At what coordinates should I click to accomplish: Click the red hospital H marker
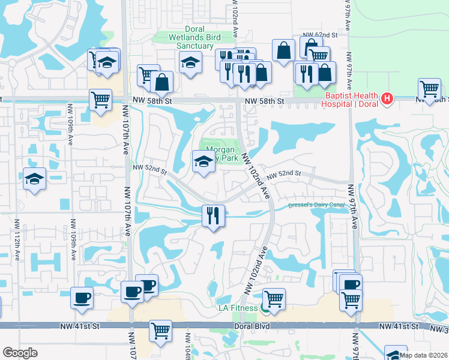(x=387, y=98)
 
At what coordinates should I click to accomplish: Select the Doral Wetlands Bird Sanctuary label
(x=179, y=37)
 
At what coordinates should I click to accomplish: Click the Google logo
(x=20, y=353)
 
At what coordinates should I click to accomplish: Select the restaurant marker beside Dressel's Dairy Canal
(x=212, y=215)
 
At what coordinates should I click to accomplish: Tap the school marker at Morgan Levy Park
(x=203, y=161)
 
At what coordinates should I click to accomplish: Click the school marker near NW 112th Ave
(x=34, y=179)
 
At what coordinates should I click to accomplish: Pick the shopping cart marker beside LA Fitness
(x=274, y=298)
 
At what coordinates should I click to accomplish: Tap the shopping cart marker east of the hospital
(x=429, y=89)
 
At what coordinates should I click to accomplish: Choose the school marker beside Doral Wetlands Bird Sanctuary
(x=190, y=62)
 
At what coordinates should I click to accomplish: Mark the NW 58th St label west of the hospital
(x=267, y=101)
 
